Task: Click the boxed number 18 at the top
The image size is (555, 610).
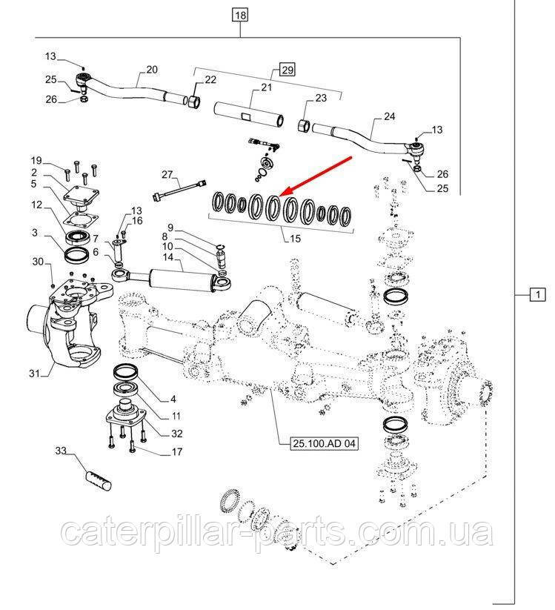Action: [x=239, y=14]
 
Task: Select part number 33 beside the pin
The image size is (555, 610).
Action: [x=61, y=450]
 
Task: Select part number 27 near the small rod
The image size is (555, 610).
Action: [x=167, y=175]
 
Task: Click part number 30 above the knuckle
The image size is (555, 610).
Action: [x=37, y=262]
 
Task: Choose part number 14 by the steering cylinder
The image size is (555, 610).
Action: [x=168, y=256]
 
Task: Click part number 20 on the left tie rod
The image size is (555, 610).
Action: [x=152, y=70]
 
